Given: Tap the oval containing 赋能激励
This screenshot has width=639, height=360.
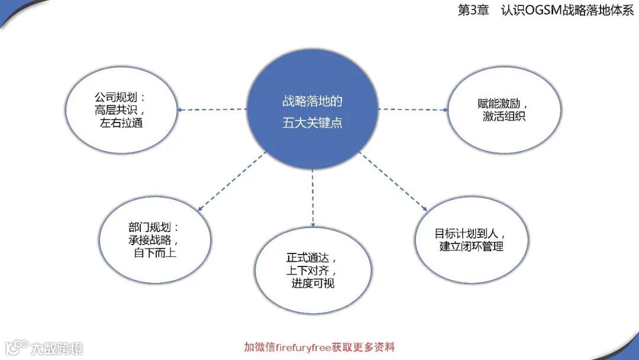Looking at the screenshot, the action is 504,110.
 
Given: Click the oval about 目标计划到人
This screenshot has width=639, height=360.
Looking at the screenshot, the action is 470,240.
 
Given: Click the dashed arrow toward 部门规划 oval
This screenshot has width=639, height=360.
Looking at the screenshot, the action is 230,181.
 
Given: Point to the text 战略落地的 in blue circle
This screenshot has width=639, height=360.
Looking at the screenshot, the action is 312,101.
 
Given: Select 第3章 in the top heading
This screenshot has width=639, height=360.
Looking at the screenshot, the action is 473,11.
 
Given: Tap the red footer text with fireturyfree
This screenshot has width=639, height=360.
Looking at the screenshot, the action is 319,347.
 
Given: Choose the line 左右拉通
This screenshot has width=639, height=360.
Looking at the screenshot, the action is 122,124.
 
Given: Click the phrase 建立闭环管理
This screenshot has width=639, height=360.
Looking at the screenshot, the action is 471,246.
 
